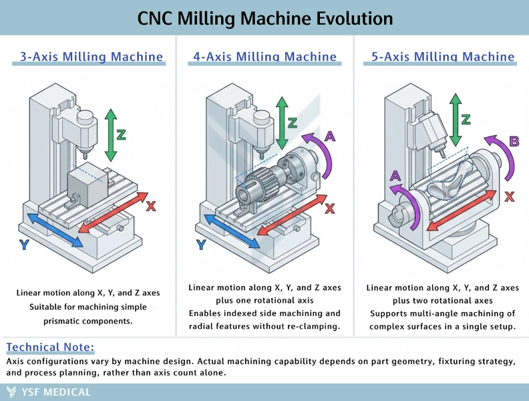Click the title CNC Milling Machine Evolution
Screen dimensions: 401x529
264,17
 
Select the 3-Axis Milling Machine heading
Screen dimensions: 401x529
92,56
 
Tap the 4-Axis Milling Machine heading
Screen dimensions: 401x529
264,56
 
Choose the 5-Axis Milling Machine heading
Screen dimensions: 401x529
443,56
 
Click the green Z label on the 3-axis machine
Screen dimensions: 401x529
121,134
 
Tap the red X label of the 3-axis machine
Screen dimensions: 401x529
151,207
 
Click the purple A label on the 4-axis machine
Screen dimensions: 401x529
329,136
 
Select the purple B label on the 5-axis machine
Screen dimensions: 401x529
514,141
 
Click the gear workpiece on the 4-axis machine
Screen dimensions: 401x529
253,185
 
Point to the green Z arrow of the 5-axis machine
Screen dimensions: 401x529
456,120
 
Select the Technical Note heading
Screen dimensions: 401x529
50,347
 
